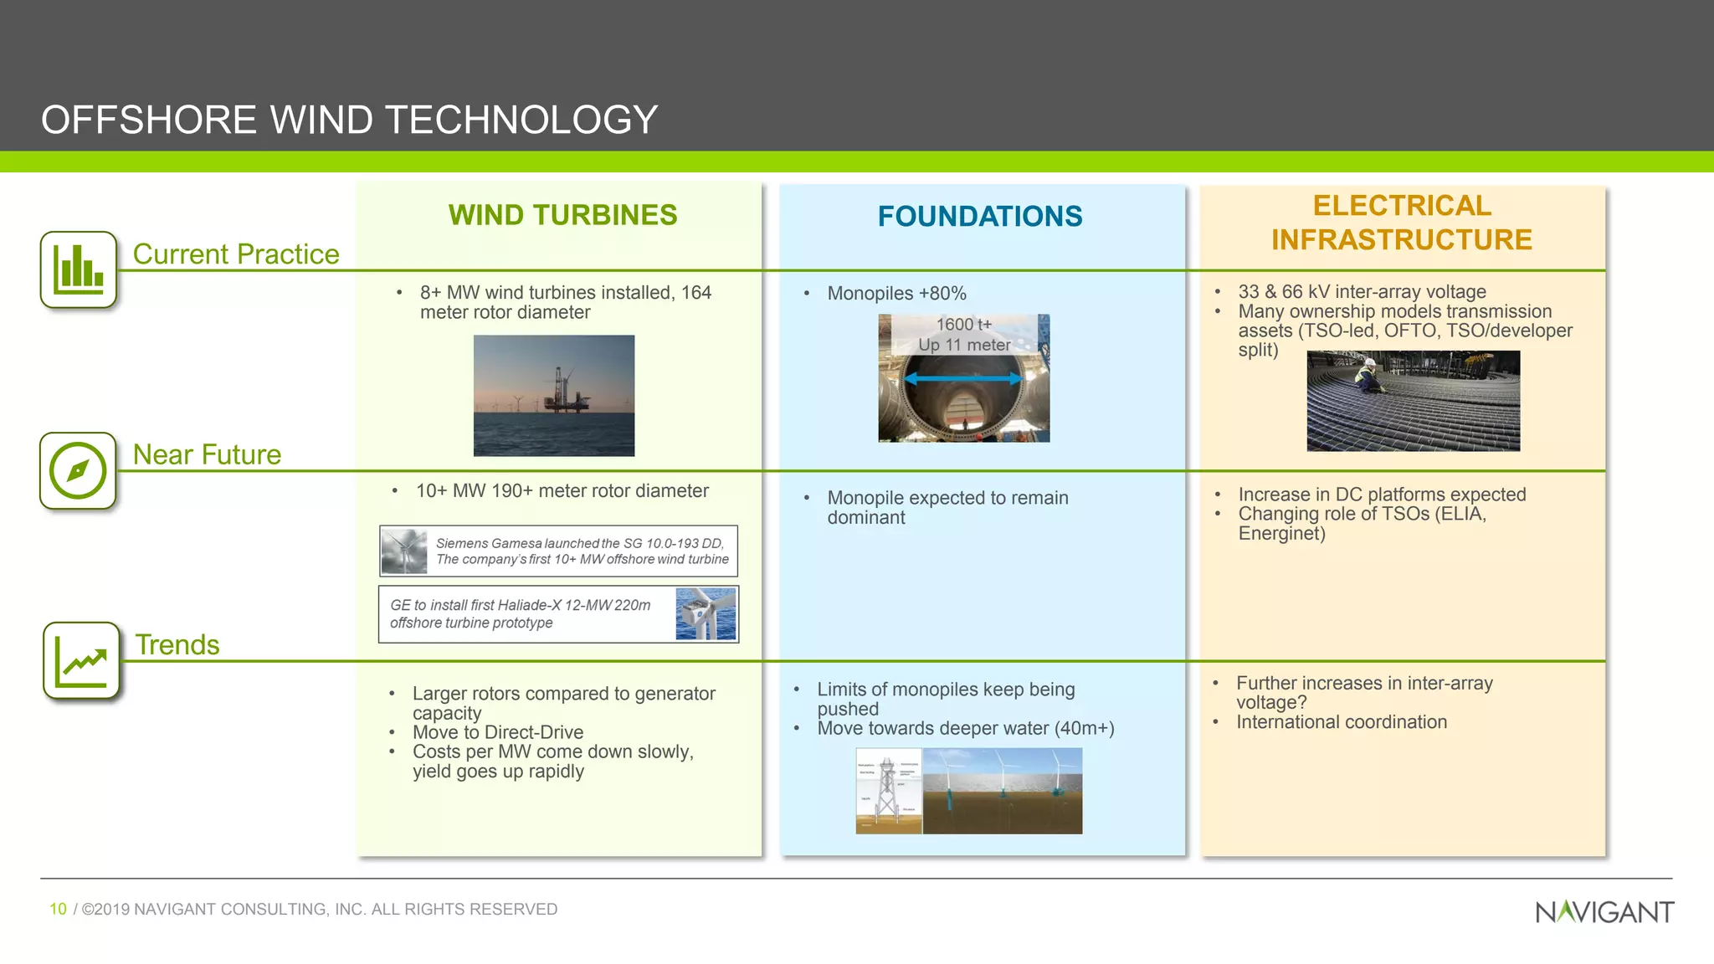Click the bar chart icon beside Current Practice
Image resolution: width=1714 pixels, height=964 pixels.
click(x=78, y=269)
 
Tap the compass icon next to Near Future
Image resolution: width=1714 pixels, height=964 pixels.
click(x=77, y=470)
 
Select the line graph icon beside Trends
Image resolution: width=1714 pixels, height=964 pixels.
click(x=81, y=661)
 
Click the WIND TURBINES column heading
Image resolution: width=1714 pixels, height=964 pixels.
click(x=562, y=215)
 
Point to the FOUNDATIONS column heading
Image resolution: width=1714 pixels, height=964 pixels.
click(x=979, y=217)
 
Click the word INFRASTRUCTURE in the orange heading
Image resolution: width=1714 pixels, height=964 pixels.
click(x=1401, y=240)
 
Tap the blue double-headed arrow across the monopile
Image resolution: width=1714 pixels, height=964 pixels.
click(x=963, y=379)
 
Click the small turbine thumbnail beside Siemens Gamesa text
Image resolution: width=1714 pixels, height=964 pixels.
click(x=404, y=551)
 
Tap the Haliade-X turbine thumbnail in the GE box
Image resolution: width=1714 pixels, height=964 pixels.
click(x=706, y=613)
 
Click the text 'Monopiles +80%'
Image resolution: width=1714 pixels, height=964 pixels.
click(x=896, y=294)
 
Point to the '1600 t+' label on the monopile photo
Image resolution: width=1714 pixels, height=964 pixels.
click(x=963, y=325)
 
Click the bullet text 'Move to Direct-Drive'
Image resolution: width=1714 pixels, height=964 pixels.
click(x=497, y=732)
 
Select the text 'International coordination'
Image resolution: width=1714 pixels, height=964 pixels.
click(x=1341, y=722)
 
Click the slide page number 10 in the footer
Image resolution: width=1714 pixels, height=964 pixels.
click(x=58, y=909)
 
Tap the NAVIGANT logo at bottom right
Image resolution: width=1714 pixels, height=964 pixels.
click(x=1604, y=911)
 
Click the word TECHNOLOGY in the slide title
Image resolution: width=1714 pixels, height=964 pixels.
click(x=521, y=120)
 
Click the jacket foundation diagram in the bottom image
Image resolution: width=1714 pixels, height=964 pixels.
click(x=888, y=791)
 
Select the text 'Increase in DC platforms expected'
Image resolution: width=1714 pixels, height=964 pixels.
click(x=1381, y=495)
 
